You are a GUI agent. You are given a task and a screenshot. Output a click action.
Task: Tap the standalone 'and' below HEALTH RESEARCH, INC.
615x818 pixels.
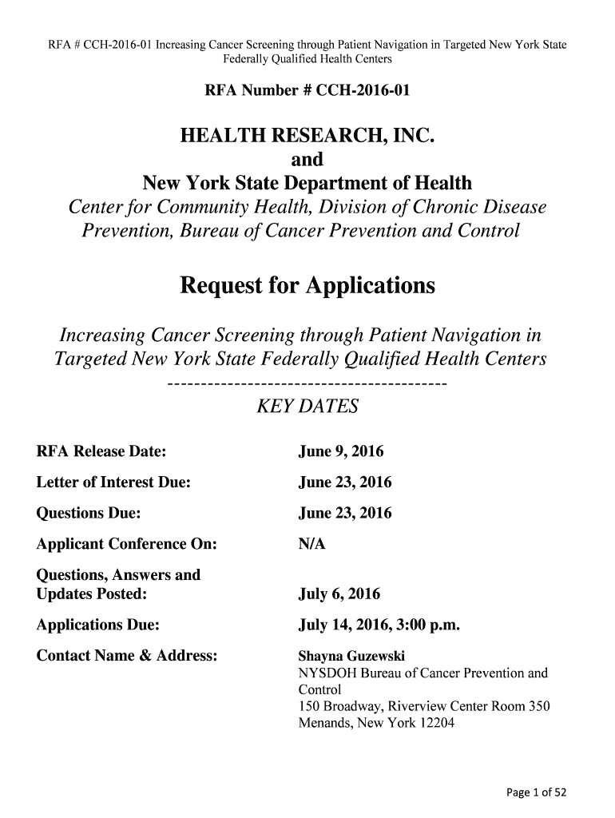pos(307,161)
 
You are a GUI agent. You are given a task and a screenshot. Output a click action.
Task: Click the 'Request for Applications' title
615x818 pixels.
pos(307,285)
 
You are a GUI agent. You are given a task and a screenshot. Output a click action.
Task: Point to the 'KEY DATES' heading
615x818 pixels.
pos(307,407)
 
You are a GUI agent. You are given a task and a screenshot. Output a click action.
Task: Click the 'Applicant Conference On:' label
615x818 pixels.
pos(127,544)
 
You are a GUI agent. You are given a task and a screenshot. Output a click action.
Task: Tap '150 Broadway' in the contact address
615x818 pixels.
pos(335,705)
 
